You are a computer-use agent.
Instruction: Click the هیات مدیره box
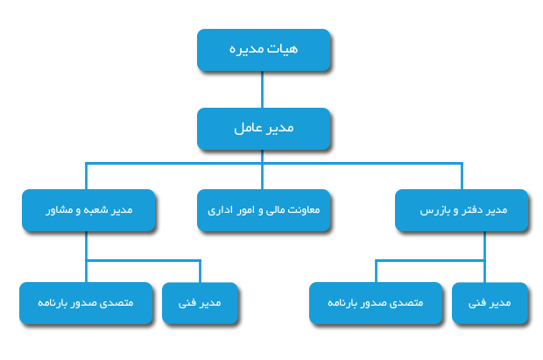tap(264, 50)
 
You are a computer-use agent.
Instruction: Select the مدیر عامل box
tap(264, 129)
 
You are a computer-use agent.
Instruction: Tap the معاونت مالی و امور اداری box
tap(264, 210)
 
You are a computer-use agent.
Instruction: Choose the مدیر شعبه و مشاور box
tap(88, 210)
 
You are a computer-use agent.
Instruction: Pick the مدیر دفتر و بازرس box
tap(462, 210)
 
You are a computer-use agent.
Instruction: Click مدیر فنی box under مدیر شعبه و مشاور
tap(201, 303)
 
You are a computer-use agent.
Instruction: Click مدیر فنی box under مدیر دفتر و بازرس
tap(490, 303)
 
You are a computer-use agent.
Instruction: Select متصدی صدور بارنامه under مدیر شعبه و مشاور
tap(86, 303)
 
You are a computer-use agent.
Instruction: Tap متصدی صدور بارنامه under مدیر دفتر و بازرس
tap(376, 303)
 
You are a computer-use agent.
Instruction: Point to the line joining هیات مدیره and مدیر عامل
tap(262, 89)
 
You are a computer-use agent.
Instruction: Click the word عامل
tap(248, 128)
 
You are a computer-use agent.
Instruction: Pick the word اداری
tap(217, 210)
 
